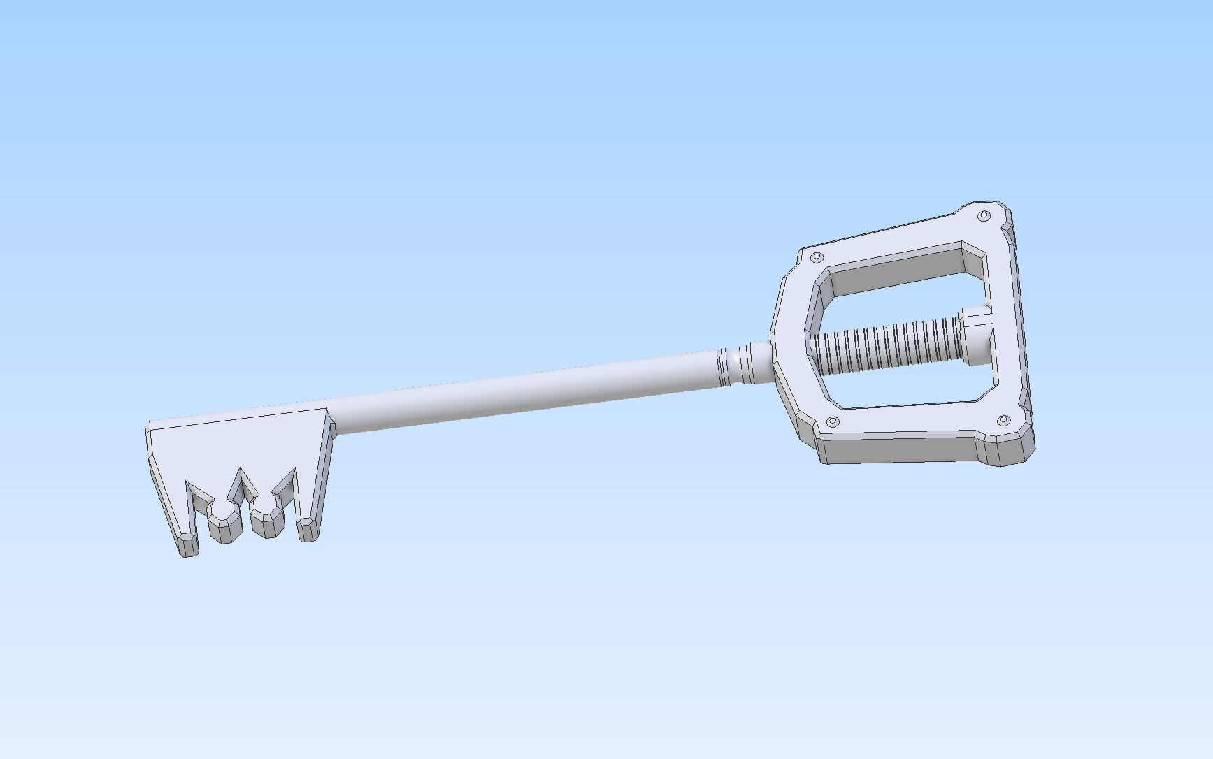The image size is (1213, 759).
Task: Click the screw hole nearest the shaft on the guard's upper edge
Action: click(x=815, y=259)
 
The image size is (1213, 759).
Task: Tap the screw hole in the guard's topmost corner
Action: click(x=984, y=215)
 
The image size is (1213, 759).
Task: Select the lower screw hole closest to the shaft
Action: click(x=833, y=422)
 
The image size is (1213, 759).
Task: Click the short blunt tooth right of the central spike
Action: click(x=267, y=523)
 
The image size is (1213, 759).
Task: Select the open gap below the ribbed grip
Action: click(x=909, y=391)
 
